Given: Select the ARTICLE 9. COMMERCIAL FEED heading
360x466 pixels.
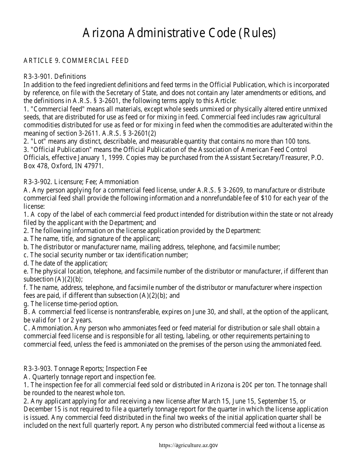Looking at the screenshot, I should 76,61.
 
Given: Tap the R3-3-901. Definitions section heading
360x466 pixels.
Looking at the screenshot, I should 55,77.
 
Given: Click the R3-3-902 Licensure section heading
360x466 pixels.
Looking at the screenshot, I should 81,182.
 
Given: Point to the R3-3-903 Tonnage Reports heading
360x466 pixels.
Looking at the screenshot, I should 85,369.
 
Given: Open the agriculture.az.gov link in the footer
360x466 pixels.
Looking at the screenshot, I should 189,446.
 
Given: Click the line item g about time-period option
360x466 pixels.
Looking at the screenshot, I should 71,303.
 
